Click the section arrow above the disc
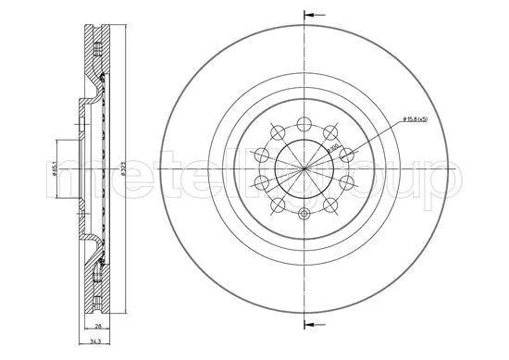pyautogui.click(x=315, y=16)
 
